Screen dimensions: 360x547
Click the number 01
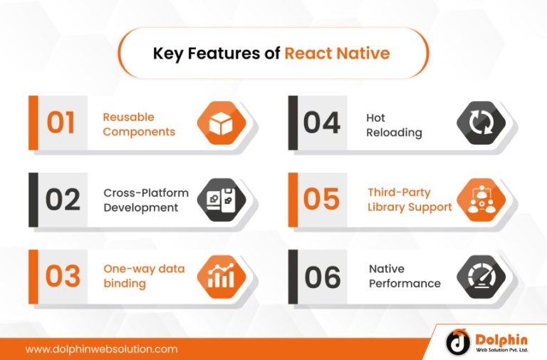tap(61, 123)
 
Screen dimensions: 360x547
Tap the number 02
tap(63, 200)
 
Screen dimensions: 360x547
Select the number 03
tap(63, 276)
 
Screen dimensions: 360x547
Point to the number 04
tap(321, 123)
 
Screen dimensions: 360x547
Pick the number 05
tap(321, 200)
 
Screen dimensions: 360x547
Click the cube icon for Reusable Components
tap(221, 123)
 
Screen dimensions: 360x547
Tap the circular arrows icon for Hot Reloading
tap(480, 123)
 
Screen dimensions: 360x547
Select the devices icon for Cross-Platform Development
tap(221, 200)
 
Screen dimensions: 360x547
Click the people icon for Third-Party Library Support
tap(480, 200)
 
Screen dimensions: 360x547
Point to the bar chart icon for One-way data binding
tap(221, 276)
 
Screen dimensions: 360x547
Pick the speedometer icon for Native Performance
tap(480, 276)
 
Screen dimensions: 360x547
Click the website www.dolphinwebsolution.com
tap(101, 349)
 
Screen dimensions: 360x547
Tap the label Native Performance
tap(405, 276)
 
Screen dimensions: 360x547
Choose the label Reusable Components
tap(139, 125)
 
